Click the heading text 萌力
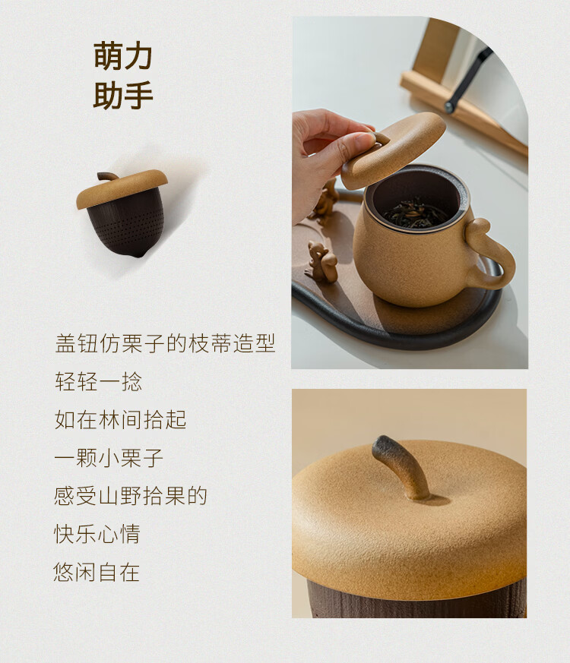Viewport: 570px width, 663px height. coord(122,55)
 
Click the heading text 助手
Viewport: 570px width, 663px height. coord(122,95)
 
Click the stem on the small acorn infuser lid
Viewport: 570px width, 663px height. coord(107,175)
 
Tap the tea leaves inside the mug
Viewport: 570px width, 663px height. coord(416,211)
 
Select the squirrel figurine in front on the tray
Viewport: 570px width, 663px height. coord(321,262)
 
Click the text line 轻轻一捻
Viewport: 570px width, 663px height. coord(98,382)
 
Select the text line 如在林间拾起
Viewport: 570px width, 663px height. coord(121,420)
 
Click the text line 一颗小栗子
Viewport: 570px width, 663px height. coord(109,458)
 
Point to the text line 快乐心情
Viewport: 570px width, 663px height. coord(97,534)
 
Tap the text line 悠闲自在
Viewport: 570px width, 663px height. coord(97,572)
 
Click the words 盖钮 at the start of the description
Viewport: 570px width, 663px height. coord(77,343)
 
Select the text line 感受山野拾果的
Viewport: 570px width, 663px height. coord(130,496)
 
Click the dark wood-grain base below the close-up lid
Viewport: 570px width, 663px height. coord(416,601)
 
